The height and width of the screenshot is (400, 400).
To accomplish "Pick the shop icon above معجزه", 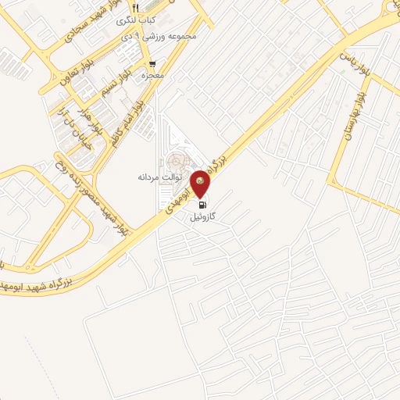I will tap(152, 63).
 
